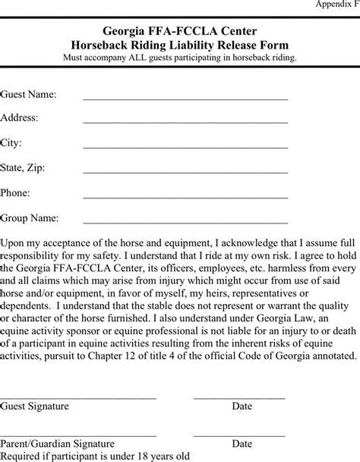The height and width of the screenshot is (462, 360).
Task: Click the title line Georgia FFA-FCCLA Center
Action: point(179,30)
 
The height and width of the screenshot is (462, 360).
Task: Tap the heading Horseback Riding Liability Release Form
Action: point(179,44)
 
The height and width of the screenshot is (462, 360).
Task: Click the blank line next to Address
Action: point(185,124)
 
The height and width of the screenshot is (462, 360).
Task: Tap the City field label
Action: point(11,143)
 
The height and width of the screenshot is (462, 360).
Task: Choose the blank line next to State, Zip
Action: point(185,173)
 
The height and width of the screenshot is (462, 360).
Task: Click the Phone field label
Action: point(15,193)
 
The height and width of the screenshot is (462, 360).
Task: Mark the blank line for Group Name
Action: point(185,223)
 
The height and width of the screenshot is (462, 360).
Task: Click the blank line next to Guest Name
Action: point(185,99)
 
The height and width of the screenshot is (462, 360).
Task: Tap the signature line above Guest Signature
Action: point(78,397)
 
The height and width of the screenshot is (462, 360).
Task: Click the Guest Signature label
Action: point(34,407)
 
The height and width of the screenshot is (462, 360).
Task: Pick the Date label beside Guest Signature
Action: point(242,407)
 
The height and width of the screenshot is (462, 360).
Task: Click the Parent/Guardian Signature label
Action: point(58,443)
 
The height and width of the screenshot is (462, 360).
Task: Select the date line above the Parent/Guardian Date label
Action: point(239,434)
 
